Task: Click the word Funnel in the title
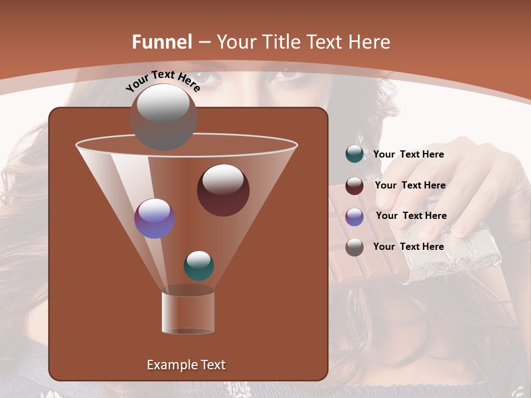pos(162,42)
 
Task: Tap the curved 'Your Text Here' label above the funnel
pos(163,81)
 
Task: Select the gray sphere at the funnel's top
pos(164,117)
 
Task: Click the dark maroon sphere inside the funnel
pos(223,190)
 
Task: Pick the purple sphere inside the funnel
pos(155,218)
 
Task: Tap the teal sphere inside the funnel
pos(199,265)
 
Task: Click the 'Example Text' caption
pos(186,365)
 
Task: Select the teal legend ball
pos(355,154)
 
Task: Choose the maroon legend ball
pos(355,186)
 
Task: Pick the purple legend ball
pos(355,217)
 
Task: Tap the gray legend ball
pos(355,247)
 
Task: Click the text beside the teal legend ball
pos(409,155)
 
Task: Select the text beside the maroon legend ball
pos(410,186)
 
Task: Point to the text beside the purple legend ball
pos(412,216)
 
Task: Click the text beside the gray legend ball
pos(409,247)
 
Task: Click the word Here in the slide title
pos(367,42)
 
